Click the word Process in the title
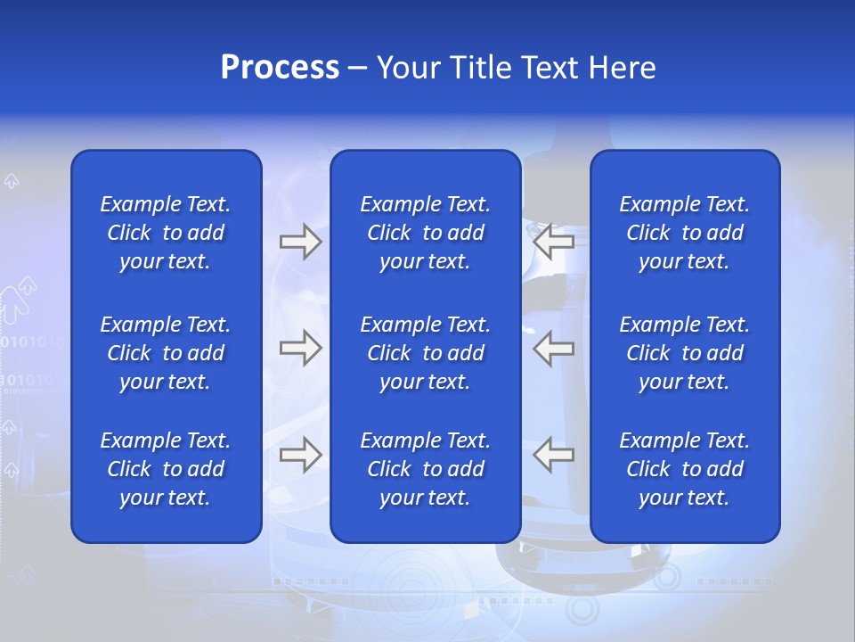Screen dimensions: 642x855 (280, 68)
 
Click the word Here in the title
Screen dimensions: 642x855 (623, 68)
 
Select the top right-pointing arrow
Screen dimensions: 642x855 (300, 242)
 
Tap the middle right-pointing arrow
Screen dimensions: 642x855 (300, 348)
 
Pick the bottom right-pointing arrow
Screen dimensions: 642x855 (300, 455)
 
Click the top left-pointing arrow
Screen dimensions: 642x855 (554, 242)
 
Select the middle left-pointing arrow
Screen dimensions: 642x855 (554, 348)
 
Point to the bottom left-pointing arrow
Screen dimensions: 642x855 (554, 455)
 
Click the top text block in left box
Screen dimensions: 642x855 (166, 233)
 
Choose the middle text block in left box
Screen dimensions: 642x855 (166, 353)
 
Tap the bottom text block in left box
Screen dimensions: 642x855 (166, 469)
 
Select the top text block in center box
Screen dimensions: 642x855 (426, 233)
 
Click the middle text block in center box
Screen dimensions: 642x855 (426, 353)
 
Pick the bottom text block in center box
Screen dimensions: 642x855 (426, 469)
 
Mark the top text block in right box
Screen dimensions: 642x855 (685, 233)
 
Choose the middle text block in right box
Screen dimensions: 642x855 (685, 353)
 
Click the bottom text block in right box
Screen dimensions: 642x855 (685, 469)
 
